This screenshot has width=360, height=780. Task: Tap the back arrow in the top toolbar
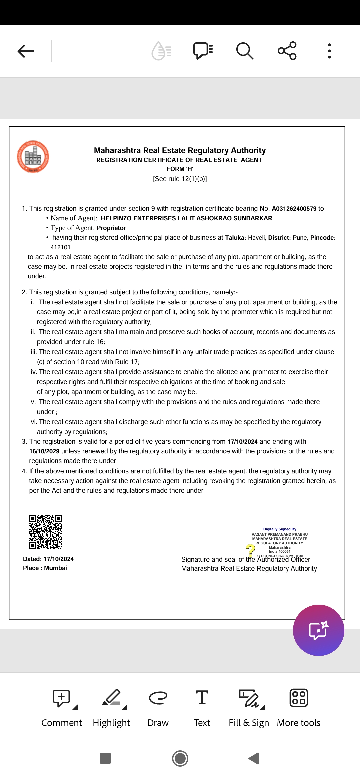(x=26, y=51)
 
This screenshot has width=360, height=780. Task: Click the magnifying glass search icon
(x=245, y=51)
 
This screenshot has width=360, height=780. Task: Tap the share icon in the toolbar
(x=287, y=51)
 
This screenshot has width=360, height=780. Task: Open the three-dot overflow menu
(x=329, y=51)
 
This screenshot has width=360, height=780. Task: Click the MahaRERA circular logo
(x=33, y=157)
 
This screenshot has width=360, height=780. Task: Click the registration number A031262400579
(x=294, y=209)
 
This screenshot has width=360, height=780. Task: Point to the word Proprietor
(x=111, y=228)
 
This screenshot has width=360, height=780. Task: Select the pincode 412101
(x=60, y=247)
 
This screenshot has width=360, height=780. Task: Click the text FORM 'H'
(x=180, y=169)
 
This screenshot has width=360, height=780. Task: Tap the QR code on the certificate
(x=45, y=532)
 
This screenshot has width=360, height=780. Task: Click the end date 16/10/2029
(x=44, y=451)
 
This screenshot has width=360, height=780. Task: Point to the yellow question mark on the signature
(x=250, y=550)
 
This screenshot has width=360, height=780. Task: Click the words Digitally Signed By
(x=280, y=529)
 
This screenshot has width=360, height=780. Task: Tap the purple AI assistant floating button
(x=318, y=630)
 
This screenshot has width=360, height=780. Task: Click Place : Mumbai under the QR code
(x=45, y=568)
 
